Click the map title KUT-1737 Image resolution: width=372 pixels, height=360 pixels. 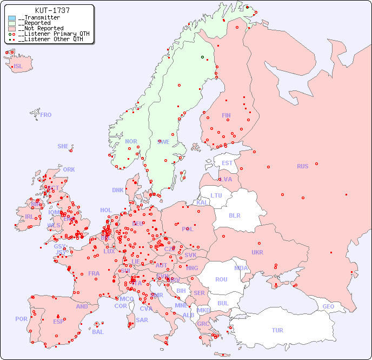(52, 10)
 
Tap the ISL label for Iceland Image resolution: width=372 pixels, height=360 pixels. (18, 67)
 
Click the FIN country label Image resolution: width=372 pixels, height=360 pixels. (226, 115)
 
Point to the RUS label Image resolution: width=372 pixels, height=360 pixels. (302, 166)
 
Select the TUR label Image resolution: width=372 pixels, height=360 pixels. (277, 330)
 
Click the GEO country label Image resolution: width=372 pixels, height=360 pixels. (328, 306)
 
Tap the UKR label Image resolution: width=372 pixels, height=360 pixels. (257, 252)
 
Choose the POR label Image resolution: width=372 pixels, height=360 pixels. (21, 319)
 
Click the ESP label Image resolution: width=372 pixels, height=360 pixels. (58, 321)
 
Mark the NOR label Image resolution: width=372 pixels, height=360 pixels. (131, 141)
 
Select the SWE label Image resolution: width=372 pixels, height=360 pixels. (163, 142)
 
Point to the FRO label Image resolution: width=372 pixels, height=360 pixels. (46, 115)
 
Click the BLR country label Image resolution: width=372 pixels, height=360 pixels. (234, 215)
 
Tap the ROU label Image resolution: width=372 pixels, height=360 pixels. (221, 279)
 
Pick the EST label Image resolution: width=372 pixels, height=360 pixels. (227, 163)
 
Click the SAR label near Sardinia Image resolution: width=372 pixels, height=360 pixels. (142, 320)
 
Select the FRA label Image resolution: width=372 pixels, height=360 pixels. (94, 273)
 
